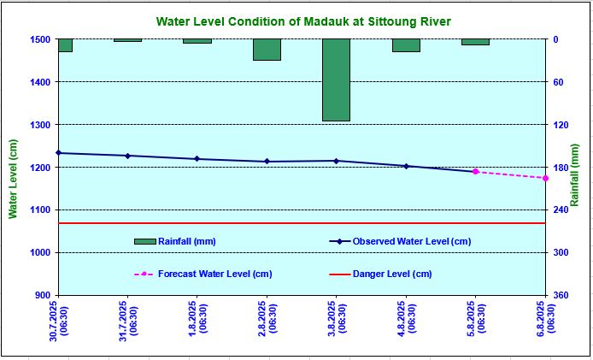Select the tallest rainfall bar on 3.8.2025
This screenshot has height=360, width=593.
coord(336,80)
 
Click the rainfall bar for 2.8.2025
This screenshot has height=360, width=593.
coord(267,50)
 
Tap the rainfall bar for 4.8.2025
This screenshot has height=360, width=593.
coord(406,45)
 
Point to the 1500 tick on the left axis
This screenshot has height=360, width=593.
coord(40,39)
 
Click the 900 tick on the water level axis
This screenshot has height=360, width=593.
coord(43,295)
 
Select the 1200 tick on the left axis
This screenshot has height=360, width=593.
coord(40,168)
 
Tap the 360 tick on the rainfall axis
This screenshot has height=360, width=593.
coord(561,295)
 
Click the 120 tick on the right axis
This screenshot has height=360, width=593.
coord(561,125)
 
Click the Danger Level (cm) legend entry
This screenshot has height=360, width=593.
coord(392,274)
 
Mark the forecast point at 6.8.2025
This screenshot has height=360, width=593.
coord(545,178)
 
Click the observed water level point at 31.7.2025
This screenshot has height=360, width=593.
coord(127,156)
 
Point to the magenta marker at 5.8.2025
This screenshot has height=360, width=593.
coord(476,172)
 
